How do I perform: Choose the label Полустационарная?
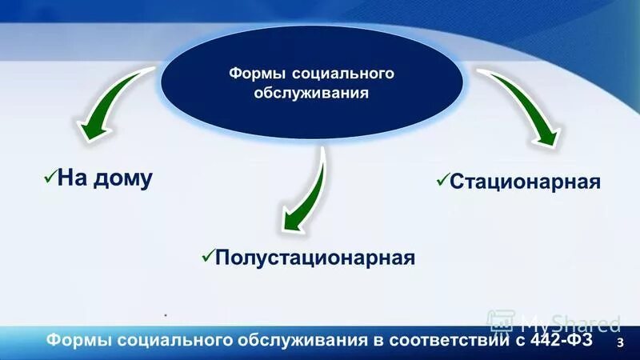[x=315, y=258]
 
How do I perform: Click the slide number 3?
[x=620, y=342]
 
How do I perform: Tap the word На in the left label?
[x=72, y=177]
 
